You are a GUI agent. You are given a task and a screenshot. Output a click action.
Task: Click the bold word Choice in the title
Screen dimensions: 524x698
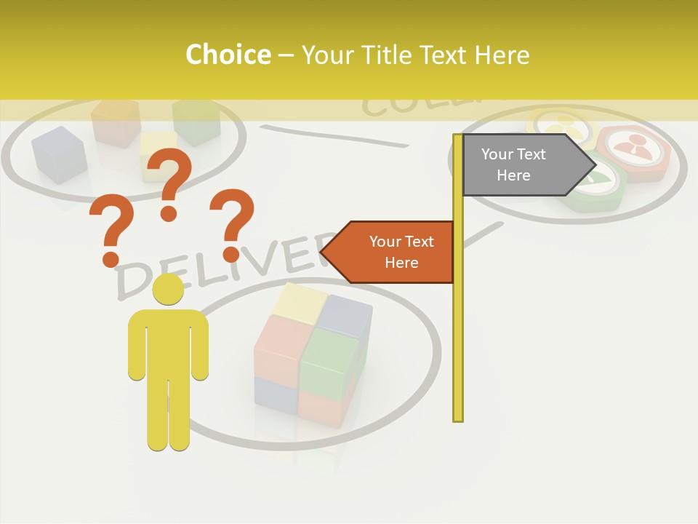228,55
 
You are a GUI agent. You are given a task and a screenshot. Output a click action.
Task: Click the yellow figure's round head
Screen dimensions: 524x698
168,290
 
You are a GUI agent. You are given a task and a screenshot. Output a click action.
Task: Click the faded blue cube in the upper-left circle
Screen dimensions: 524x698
59,154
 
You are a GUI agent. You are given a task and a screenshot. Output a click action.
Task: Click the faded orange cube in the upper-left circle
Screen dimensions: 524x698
116,122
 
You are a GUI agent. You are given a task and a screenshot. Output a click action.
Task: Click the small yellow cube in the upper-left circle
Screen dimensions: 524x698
159,154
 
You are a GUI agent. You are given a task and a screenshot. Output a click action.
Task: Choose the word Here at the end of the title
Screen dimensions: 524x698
501,55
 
